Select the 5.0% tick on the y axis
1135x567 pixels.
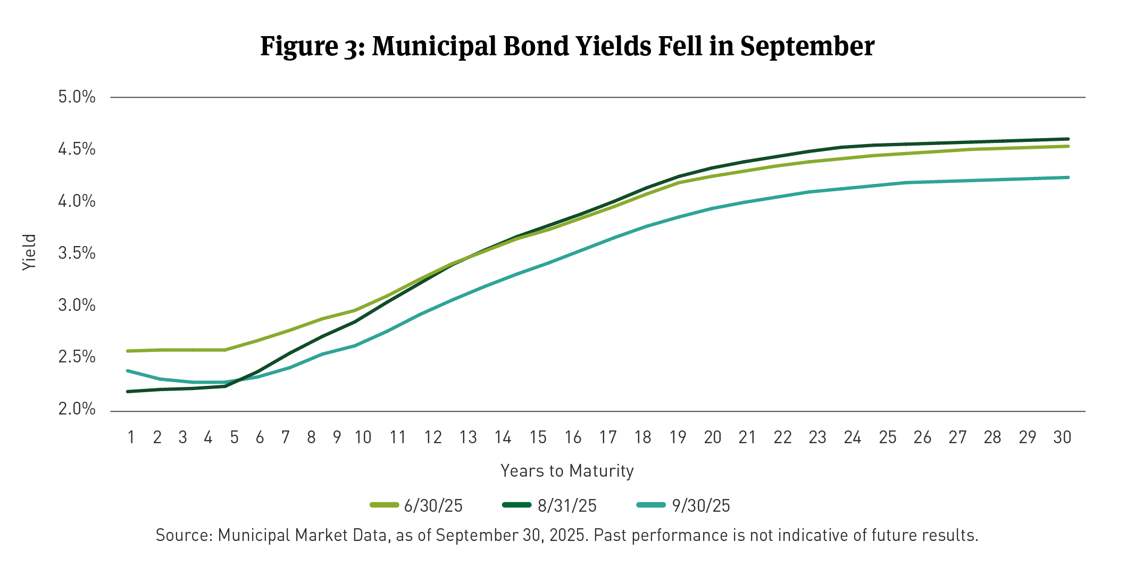pos(77,97)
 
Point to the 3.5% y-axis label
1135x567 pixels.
pos(77,253)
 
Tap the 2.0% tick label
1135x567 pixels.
pos(77,409)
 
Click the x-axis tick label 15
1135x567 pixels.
pos(538,437)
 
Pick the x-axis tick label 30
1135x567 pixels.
pos(1062,437)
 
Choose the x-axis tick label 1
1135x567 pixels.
pos(131,437)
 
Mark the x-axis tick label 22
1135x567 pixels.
pos(782,437)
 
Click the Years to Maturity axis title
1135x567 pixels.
pos(567,471)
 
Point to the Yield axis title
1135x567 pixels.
pos(30,252)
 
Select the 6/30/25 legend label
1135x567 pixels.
pos(433,505)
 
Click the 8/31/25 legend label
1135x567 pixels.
pos(567,505)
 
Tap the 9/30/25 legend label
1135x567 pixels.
pos(701,505)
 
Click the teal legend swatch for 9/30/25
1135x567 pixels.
pos(651,505)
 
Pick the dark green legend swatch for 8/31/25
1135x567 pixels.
pos(516,505)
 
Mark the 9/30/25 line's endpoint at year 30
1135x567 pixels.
pos(1068,177)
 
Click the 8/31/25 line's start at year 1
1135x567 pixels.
pos(128,392)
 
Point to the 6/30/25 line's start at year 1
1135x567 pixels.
pos(128,351)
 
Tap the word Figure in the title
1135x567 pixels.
pos(299,47)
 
